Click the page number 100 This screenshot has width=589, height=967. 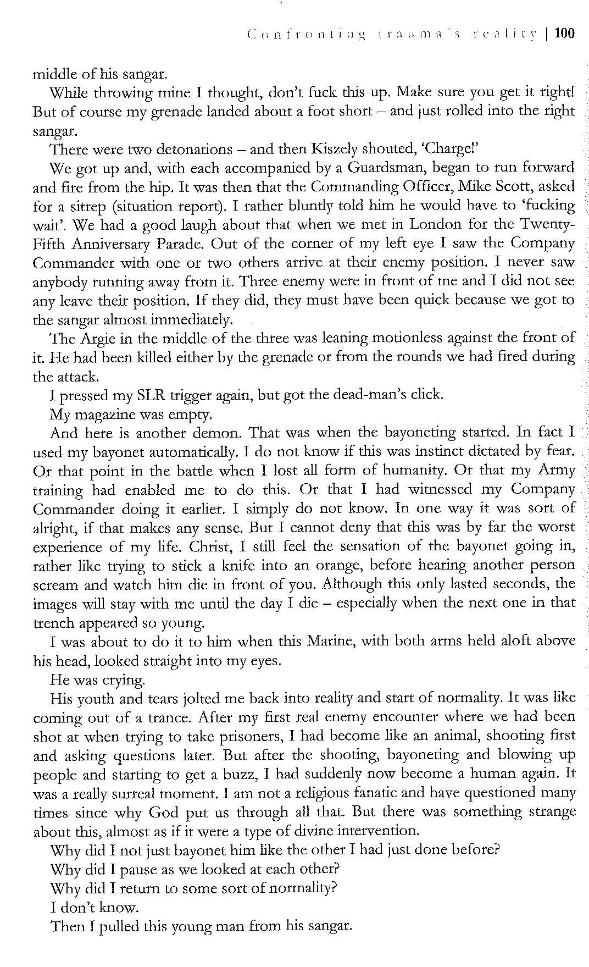point(564,34)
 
